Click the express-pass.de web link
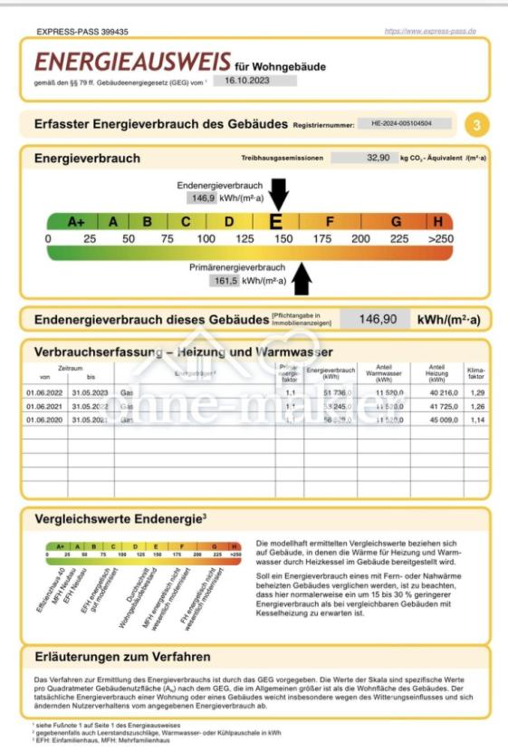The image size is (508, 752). click(429, 32)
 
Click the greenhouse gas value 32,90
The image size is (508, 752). click(379, 158)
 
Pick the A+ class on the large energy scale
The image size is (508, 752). click(76, 221)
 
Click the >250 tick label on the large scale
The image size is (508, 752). click(438, 238)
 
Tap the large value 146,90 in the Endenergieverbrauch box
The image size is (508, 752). click(379, 320)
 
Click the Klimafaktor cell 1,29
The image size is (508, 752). click(475, 392)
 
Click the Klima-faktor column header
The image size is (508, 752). click(475, 374)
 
